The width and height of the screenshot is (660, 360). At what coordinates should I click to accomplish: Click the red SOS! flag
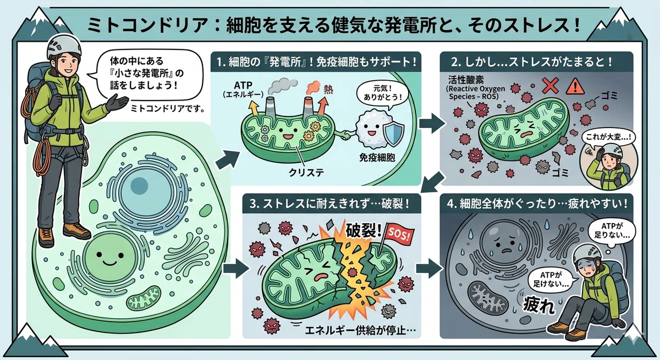(399, 235)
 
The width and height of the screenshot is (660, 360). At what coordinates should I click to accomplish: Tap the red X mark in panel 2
(550, 86)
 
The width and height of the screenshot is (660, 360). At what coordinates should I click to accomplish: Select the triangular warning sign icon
(575, 86)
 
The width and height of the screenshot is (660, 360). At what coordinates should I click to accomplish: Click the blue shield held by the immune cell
(393, 135)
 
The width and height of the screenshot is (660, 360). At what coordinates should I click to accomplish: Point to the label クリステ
(306, 173)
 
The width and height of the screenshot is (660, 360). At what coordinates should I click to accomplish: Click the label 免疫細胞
(377, 158)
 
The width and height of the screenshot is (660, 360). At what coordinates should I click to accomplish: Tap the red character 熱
(328, 89)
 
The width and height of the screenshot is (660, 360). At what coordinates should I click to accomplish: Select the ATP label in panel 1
(243, 85)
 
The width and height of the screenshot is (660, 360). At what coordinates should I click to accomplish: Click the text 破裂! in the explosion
(364, 230)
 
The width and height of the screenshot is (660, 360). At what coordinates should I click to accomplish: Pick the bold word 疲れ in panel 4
(539, 306)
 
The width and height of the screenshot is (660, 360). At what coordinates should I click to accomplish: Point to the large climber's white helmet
(64, 46)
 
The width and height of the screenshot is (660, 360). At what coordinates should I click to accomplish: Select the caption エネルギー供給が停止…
(360, 330)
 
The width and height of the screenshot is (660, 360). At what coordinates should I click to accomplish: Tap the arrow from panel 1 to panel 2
(432, 124)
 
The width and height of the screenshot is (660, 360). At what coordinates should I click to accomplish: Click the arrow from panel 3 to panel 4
(429, 268)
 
